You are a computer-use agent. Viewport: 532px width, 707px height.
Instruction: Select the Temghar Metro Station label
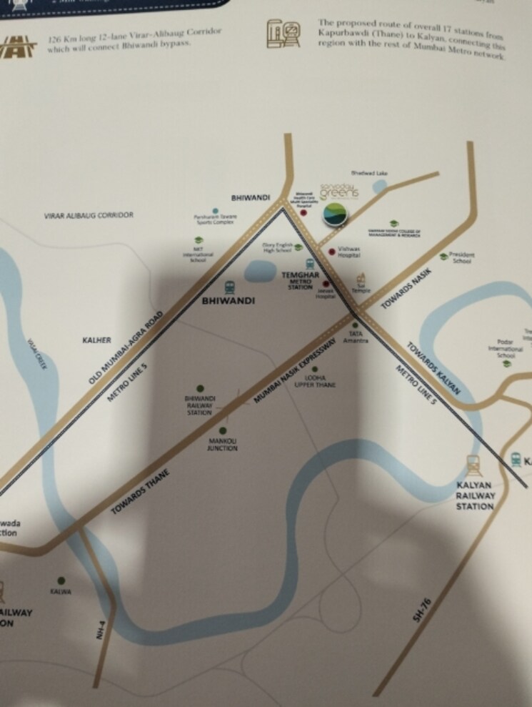coord(301,279)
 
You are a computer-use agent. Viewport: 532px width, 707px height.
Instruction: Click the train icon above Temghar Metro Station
coord(310,264)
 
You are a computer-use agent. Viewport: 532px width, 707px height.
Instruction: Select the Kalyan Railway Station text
coord(475,495)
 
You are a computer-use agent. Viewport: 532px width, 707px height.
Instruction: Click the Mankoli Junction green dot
coord(222,431)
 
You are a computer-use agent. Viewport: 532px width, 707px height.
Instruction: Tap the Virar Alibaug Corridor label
coord(89,214)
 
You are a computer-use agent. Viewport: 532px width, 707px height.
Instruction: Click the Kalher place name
coord(97,340)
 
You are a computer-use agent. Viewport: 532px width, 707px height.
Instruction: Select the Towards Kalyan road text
coord(433,369)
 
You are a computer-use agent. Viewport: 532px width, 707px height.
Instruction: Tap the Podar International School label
coord(506,348)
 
